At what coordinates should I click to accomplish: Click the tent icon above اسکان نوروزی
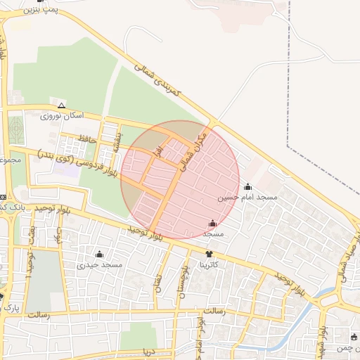pyautogui.click(x=62, y=105)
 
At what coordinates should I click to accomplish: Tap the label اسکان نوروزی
pyautogui.click(x=62, y=115)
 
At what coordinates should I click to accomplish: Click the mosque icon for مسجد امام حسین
pyautogui.click(x=247, y=187)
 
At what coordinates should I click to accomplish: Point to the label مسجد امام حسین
pyautogui.click(x=247, y=198)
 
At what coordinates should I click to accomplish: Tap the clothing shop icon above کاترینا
pyautogui.click(x=209, y=254)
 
